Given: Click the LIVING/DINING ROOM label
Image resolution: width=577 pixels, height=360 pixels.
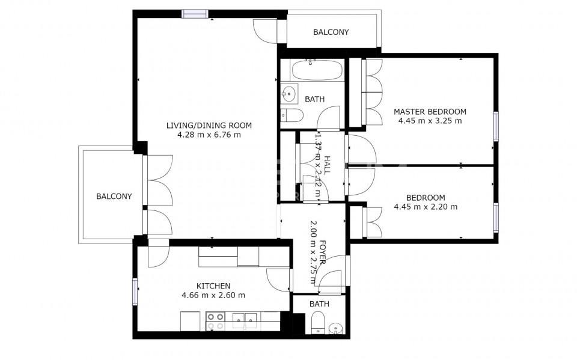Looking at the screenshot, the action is click(209, 126).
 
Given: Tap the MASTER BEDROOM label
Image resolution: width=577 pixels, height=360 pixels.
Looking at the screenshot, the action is click(430, 112).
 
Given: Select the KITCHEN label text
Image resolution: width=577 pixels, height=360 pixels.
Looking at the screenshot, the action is click(213, 286).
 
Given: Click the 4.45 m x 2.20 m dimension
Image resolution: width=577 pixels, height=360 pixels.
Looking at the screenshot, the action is click(426, 207).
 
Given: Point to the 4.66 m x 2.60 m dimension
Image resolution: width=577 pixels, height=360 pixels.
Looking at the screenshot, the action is click(213, 295).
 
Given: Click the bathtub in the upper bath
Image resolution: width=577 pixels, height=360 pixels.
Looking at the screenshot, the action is click(317, 70).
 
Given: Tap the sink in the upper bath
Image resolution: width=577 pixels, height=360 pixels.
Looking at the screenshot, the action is click(290, 93).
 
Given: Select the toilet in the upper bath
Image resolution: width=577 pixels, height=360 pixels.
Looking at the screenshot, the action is click(292, 115).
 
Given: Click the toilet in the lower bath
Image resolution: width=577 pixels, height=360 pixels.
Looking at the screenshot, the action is click(317, 323).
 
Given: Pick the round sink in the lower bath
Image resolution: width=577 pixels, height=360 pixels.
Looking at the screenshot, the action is click(335, 328).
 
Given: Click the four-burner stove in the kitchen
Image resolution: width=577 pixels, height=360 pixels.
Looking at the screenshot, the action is click(215, 322).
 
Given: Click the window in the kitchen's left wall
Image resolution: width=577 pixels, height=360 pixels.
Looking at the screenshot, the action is click(135, 291).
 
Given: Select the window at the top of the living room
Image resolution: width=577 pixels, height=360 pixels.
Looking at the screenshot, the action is click(195, 14).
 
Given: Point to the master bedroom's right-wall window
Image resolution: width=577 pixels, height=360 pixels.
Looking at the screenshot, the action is click(496, 126).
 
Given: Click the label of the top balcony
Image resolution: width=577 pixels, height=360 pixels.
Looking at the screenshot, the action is click(331, 32).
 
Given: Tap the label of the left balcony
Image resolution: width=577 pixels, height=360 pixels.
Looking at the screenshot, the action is click(114, 197).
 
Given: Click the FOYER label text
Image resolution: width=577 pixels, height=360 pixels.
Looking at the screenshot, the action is click(322, 252).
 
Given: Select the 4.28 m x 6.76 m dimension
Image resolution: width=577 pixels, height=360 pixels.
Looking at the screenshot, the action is click(209, 135).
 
